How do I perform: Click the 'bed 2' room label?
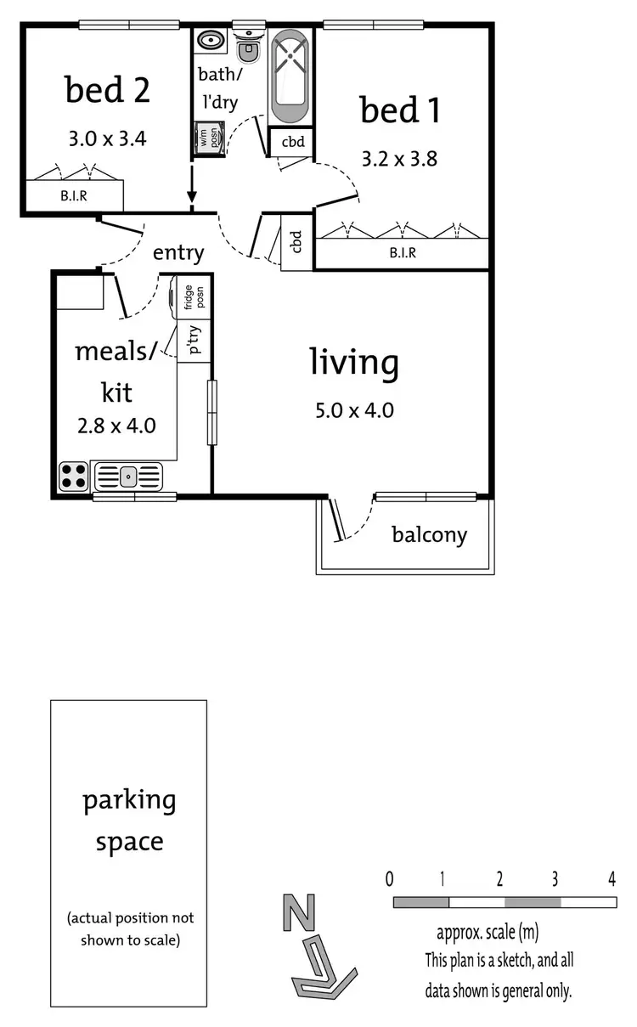(x=107, y=91)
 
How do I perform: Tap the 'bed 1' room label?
(x=400, y=110)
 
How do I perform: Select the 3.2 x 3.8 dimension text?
(x=399, y=159)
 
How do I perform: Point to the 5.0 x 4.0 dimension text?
(x=354, y=411)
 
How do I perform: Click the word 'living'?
(x=353, y=364)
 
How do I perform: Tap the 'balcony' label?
(x=429, y=535)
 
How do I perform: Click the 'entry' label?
(x=178, y=252)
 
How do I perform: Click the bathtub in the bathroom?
(x=291, y=76)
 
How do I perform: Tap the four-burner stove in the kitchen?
(x=73, y=476)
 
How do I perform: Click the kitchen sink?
(x=127, y=476)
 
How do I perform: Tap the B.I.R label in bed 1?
(x=402, y=253)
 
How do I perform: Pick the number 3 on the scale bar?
(x=555, y=879)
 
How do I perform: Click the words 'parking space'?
(x=129, y=821)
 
